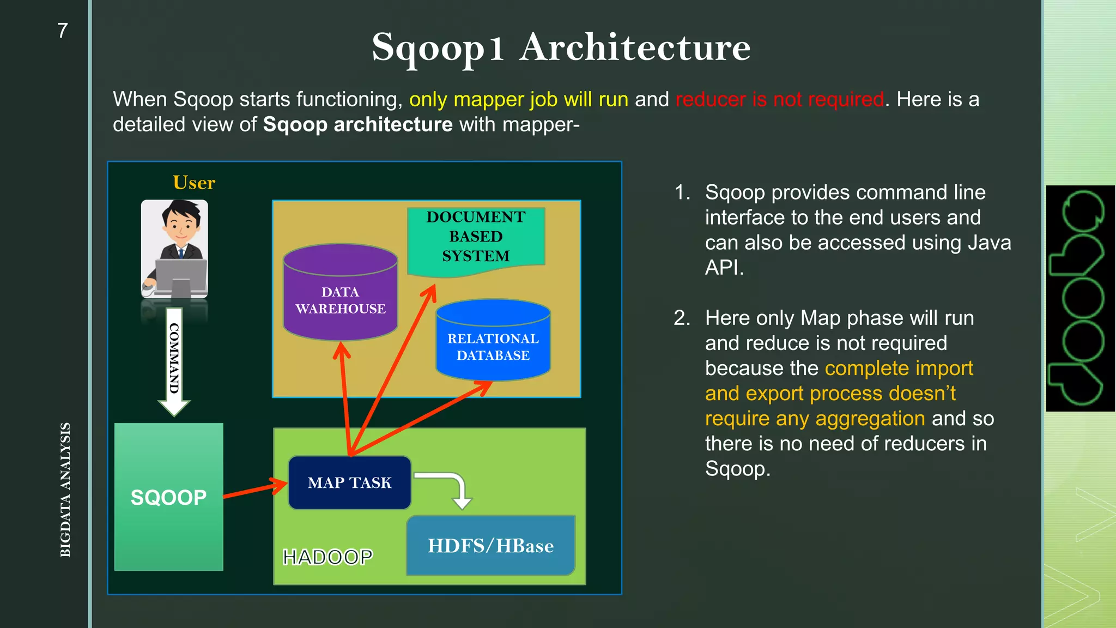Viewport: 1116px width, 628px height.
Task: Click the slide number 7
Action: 63,31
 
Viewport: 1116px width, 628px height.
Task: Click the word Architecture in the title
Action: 635,48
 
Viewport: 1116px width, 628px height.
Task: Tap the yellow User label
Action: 194,183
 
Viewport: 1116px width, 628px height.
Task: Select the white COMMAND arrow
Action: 174,360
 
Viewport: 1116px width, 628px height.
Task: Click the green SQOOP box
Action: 169,497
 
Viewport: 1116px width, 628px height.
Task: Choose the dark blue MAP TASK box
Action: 349,483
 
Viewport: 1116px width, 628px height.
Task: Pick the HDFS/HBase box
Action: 490,546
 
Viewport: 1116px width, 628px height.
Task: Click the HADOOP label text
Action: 327,557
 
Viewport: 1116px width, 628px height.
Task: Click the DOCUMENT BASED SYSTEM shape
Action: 476,238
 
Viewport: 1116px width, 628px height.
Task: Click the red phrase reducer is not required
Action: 779,100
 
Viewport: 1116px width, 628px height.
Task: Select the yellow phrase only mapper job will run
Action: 518,100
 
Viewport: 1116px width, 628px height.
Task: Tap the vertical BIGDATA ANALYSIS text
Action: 65,489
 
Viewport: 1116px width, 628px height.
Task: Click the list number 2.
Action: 682,318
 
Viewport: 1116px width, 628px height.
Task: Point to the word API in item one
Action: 724,268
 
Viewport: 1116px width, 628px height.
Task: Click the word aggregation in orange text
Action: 870,419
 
